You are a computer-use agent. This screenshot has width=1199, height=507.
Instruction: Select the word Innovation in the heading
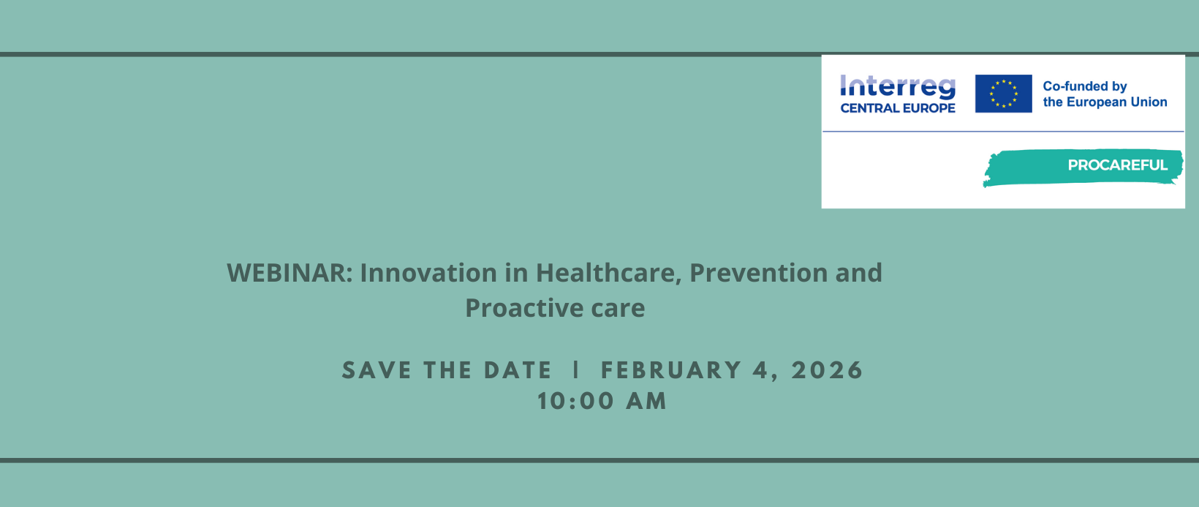coord(428,272)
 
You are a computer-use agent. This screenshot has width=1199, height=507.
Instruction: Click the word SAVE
coord(377,370)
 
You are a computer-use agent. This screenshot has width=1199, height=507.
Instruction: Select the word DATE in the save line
coord(518,370)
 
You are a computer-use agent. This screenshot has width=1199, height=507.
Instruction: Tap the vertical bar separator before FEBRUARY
coord(576,370)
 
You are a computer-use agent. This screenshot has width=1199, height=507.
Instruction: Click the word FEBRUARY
coord(671,370)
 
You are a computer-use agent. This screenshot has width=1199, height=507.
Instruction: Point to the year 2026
coord(827,370)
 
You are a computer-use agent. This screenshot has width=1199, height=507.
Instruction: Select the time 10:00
coord(576,401)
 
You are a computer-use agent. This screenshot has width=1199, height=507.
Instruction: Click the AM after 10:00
coord(646,401)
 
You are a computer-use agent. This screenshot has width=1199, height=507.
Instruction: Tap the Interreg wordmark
coord(898,86)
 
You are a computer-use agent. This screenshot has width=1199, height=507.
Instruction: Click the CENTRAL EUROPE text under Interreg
coord(898,108)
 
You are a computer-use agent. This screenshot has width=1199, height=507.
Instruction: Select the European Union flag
coord(1003,94)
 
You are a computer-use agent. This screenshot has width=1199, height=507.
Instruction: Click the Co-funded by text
coord(1085,86)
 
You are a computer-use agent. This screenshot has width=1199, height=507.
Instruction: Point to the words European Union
coord(1117,102)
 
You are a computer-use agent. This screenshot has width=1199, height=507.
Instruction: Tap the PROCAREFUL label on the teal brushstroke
coord(1118,165)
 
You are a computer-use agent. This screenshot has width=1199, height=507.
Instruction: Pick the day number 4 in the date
coord(761,370)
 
